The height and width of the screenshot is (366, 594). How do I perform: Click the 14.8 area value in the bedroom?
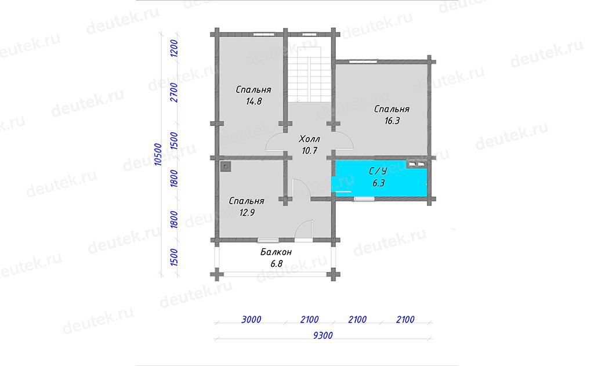tap(254, 102)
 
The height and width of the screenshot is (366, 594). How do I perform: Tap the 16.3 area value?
tap(392, 121)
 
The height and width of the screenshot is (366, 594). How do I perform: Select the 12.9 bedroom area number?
tap(247, 213)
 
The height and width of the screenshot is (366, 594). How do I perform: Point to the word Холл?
tap(309, 139)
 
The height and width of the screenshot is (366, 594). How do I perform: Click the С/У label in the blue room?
tap(378, 171)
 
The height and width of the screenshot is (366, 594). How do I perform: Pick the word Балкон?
tap(276, 252)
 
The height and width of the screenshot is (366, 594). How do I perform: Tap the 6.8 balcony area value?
tap(276, 264)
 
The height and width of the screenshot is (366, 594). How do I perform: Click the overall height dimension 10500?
tap(158, 154)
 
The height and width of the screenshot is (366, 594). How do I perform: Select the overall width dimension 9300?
tap(323, 335)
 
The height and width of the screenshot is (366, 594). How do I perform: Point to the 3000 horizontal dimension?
tap(251, 320)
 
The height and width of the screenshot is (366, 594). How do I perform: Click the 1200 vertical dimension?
tap(174, 48)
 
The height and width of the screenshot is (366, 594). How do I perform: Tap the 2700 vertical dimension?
tap(174, 92)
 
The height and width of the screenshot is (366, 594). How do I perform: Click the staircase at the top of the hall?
tap(309, 75)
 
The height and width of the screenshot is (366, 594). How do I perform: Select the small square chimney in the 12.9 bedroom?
tap(226, 166)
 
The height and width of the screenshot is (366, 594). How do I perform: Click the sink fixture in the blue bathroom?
tap(416, 164)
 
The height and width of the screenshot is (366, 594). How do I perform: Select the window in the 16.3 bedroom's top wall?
tap(363, 60)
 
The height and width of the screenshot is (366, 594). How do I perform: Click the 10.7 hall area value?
tap(309, 151)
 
